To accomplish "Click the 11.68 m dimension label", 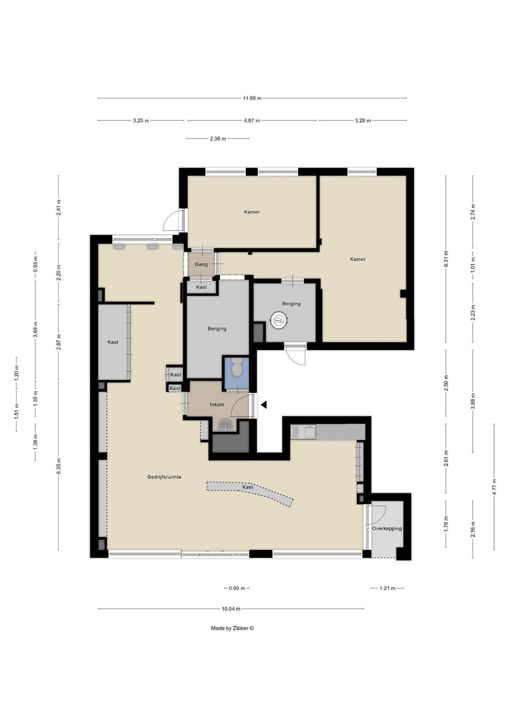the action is (252, 98).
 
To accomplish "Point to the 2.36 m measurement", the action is (218, 139).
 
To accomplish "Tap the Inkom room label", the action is (217, 405).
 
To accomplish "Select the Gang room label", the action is (201, 265).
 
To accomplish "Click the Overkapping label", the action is (387, 528).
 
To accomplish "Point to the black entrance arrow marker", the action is (264, 405).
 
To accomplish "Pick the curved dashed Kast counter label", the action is (248, 487).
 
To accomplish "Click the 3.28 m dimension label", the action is (363, 121).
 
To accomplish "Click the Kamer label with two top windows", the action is (252, 212).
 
